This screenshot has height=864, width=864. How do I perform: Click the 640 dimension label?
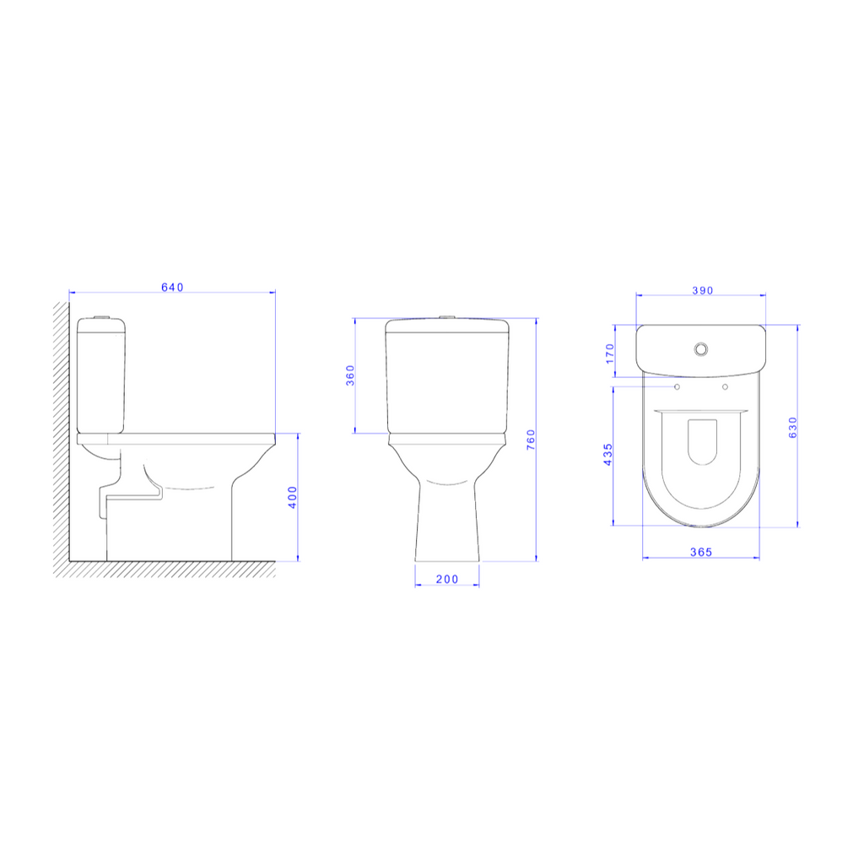(x=172, y=287)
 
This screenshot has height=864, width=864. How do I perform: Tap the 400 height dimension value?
(x=293, y=497)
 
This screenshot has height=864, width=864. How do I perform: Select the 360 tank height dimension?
(x=350, y=375)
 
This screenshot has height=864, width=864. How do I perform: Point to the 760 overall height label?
(x=531, y=440)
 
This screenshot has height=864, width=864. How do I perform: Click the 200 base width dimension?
(x=447, y=579)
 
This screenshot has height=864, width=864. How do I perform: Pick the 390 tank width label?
(x=703, y=290)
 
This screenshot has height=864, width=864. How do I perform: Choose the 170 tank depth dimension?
(x=609, y=354)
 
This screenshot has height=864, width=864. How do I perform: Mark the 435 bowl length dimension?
(x=607, y=455)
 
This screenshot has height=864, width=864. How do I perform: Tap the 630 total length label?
(x=793, y=427)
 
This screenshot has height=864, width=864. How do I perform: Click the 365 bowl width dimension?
(x=701, y=552)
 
